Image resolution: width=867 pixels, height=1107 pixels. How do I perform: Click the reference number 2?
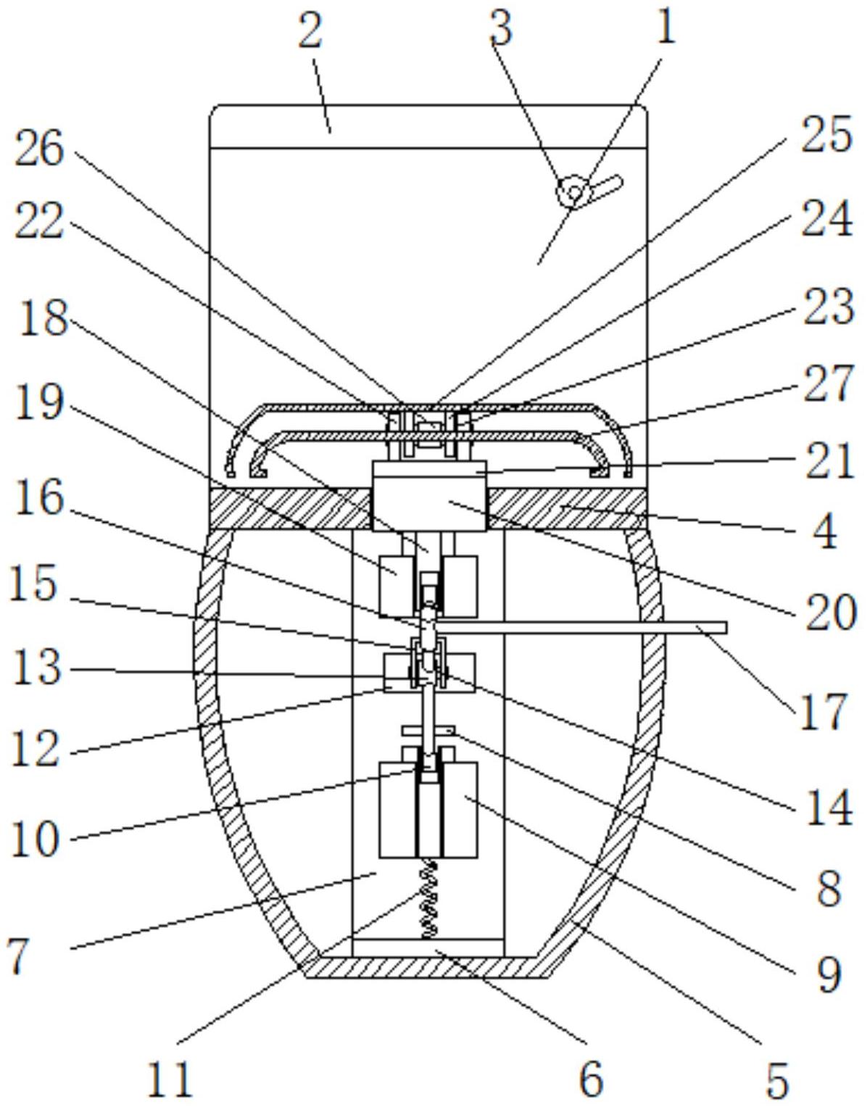(310, 29)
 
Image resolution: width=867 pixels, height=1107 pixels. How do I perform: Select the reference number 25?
(826, 133)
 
